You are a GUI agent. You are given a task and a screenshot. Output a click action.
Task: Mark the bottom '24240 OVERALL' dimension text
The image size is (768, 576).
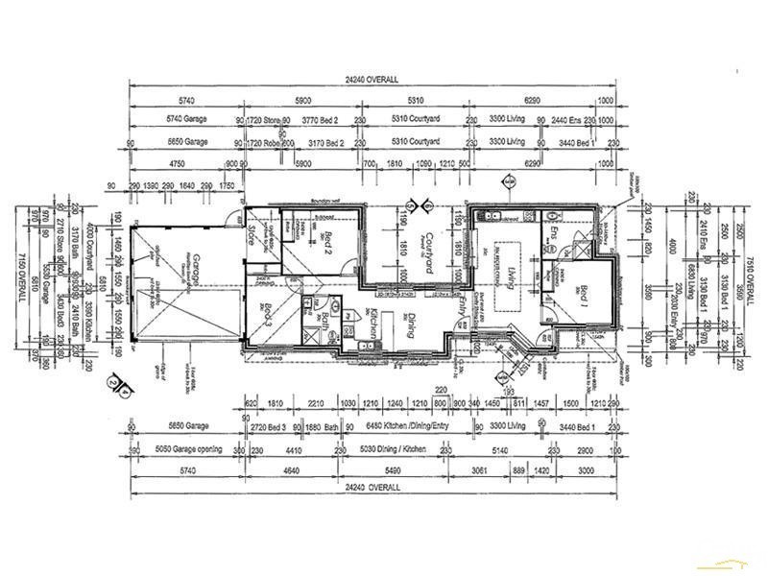[x=372, y=488]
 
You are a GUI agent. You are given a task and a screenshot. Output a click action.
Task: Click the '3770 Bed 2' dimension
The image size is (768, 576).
[x=324, y=120]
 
